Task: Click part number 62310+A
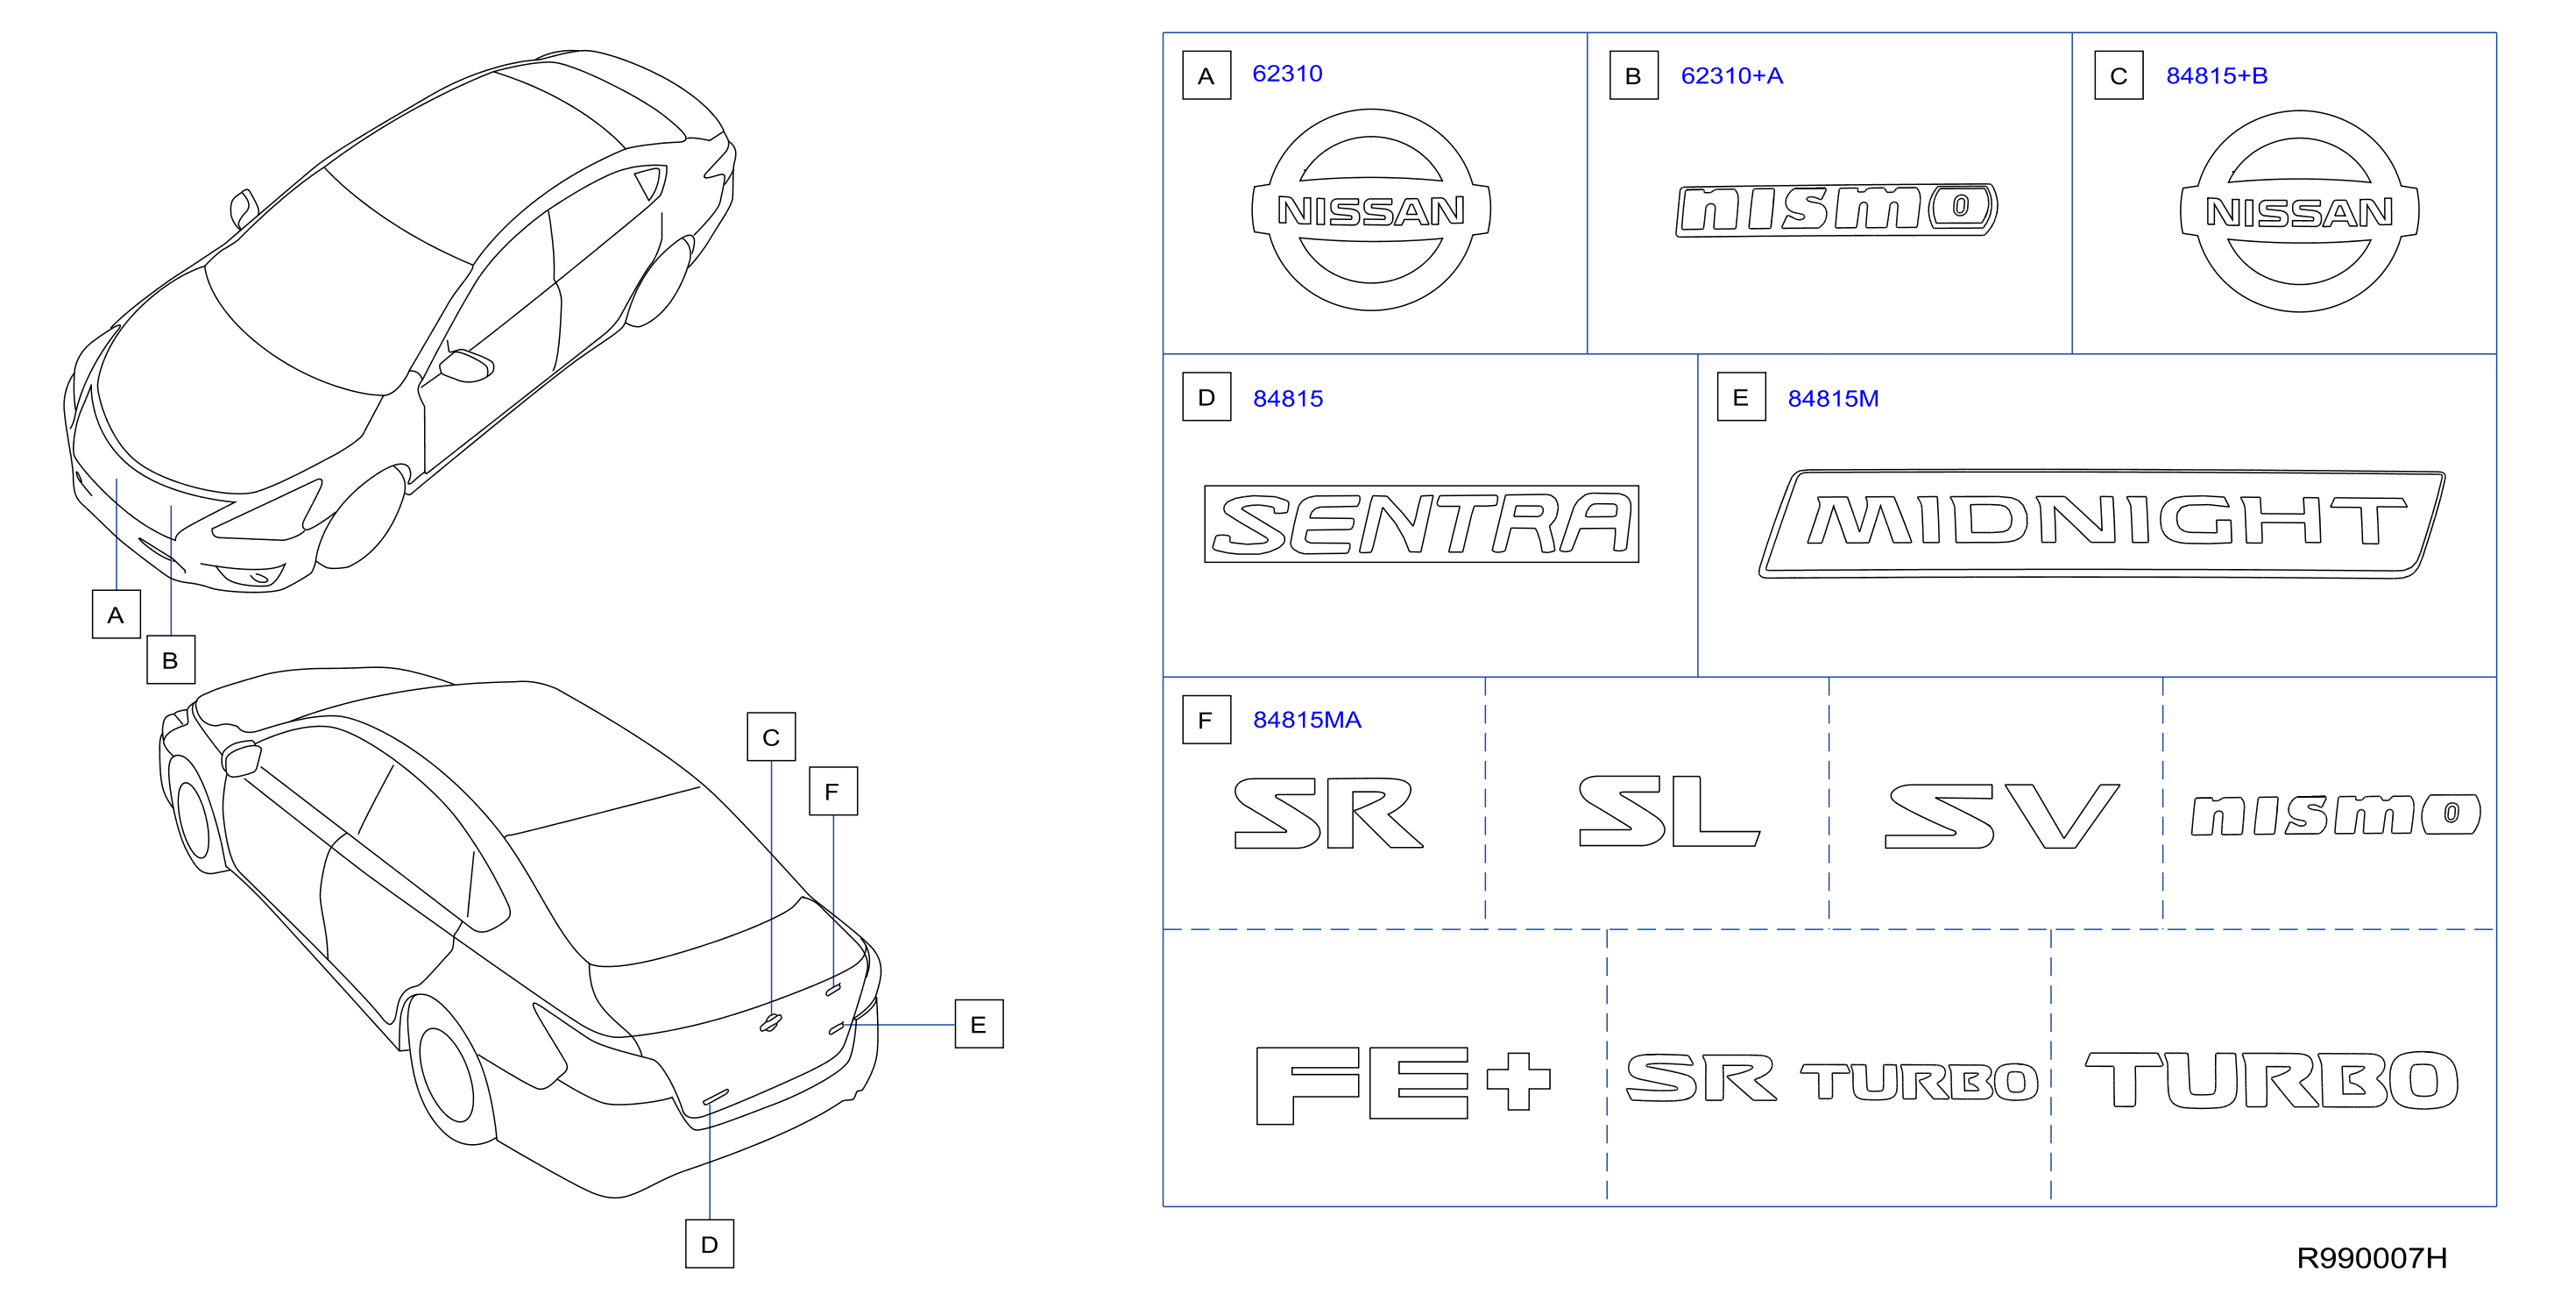coord(1731,75)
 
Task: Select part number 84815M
coord(1832,399)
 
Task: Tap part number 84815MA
coord(1306,720)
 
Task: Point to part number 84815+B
coord(2216,75)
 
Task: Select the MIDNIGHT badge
coord(2101,523)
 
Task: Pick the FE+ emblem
coord(1403,1084)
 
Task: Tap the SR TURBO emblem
coord(1831,1079)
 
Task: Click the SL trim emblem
coord(1669,812)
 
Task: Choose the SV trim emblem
coord(2002,815)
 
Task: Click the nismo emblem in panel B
coord(1836,210)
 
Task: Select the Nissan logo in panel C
coord(2300,212)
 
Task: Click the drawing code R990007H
coord(2371,1258)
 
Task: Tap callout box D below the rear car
coord(710,1244)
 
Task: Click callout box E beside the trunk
coord(980,1025)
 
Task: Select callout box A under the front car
coord(117,615)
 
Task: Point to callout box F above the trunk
coord(833,792)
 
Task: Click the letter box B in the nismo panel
coord(1633,75)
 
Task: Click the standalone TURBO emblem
coord(2272,1080)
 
